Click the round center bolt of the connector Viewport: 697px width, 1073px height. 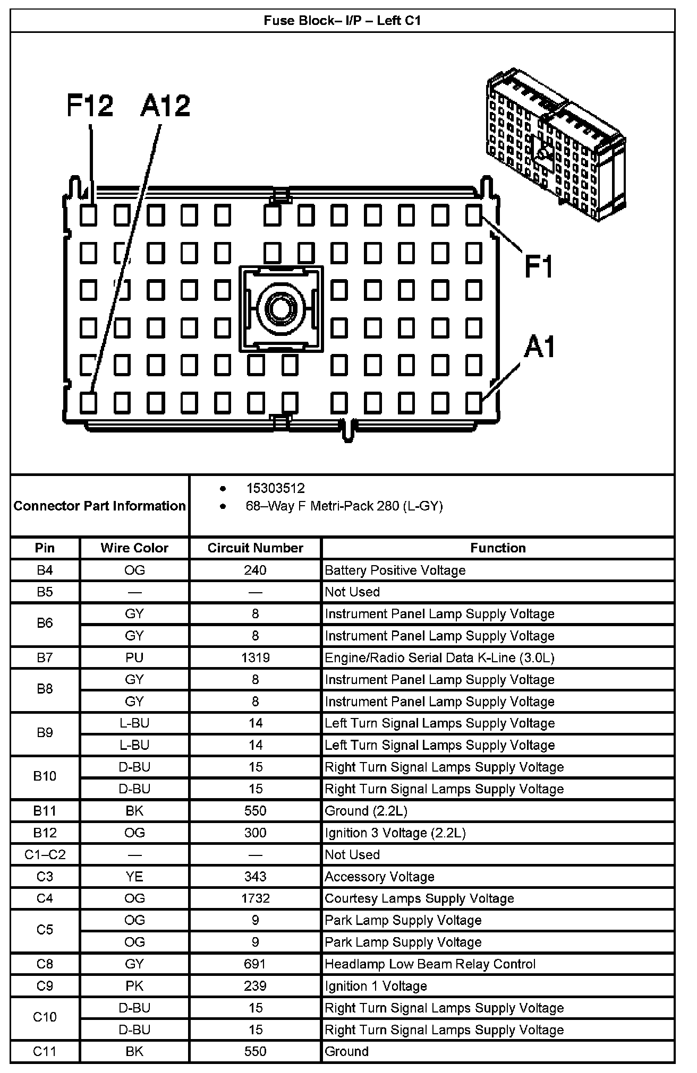(x=281, y=307)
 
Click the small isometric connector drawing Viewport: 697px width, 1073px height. (x=555, y=143)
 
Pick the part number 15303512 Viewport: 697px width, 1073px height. (x=275, y=488)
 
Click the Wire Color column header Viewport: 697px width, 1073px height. (x=134, y=548)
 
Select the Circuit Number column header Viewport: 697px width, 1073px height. (x=256, y=548)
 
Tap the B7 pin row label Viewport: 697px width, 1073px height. (x=45, y=657)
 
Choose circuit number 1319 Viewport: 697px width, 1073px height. (x=256, y=657)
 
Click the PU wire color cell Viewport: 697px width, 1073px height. (x=134, y=657)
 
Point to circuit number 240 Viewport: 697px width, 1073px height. (x=256, y=570)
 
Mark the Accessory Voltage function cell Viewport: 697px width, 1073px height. (x=379, y=877)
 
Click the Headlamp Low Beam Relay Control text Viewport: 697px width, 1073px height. (x=430, y=964)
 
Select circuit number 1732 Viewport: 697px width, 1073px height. (x=256, y=898)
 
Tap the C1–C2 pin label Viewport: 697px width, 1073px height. (x=45, y=855)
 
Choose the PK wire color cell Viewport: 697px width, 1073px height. (x=134, y=986)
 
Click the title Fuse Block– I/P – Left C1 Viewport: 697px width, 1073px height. (x=342, y=21)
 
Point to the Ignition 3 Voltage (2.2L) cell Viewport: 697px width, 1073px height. (x=395, y=833)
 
